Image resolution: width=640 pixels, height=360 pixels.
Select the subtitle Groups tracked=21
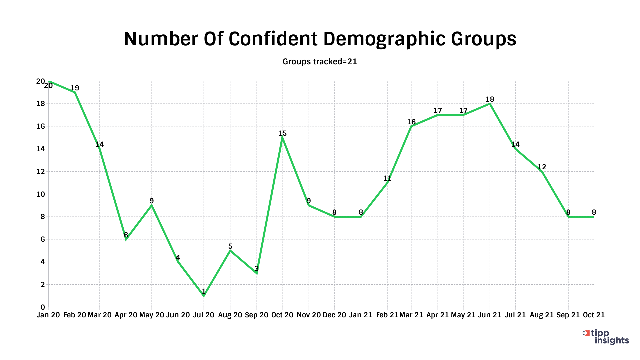[320, 62]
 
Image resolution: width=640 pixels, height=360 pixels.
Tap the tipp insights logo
[606, 337]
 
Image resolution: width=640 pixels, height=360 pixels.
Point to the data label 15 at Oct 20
[282, 133]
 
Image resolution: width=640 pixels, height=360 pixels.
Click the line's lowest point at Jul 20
[204, 296]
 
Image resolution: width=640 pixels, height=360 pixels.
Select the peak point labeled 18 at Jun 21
[490, 104]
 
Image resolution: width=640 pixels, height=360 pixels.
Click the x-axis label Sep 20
[256, 315]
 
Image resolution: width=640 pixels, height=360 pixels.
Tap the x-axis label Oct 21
[593, 315]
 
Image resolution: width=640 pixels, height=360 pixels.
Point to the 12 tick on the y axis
[40, 172]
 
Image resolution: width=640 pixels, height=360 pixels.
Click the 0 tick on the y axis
[43, 307]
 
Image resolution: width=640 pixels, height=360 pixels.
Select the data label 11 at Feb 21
[387, 178]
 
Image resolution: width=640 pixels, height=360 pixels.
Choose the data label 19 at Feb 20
[75, 88]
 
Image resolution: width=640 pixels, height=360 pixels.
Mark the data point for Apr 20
[126, 239]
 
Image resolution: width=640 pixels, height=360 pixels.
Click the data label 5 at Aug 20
[230, 246]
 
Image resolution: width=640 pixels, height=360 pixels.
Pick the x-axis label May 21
[463, 315]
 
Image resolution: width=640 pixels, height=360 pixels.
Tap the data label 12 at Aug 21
[542, 167]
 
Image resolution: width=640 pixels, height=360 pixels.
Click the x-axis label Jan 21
[361, 315]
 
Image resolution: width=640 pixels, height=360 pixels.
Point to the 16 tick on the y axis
[40, 126]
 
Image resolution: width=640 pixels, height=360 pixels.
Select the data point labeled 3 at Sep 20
[257, 273]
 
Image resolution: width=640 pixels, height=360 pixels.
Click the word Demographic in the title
[384, 39]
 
